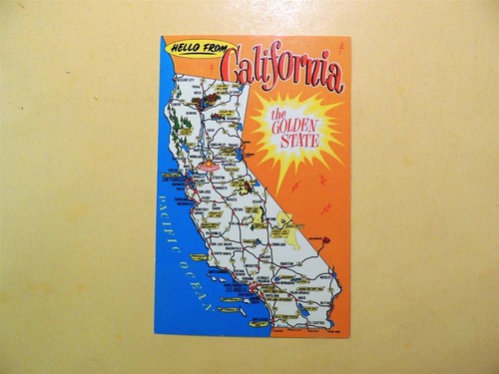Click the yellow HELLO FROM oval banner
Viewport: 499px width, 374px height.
(x=201, y=47)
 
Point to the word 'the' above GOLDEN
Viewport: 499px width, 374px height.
(x=278, y=116)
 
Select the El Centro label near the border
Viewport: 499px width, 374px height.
(x=318, y=322)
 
